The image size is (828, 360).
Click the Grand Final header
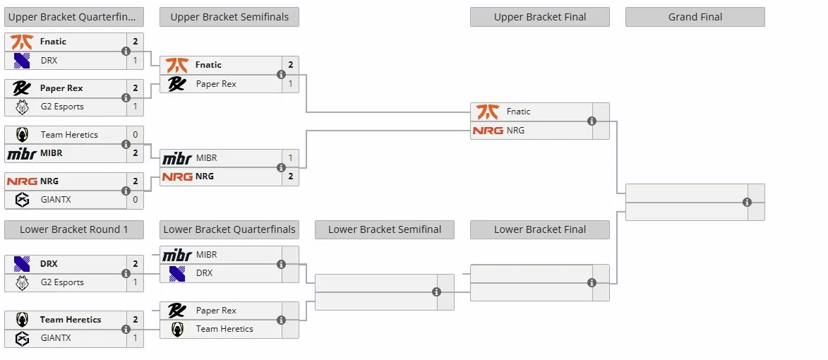pos(695,17)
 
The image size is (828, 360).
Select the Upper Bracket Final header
pos(540,17)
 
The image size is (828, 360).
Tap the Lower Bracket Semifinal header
pos(385,229)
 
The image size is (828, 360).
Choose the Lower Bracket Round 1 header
pos(74,229)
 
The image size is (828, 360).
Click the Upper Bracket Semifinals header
pos(229,17)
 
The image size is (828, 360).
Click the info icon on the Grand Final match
pos(748,202)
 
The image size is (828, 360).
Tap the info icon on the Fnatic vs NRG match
pos(592,121)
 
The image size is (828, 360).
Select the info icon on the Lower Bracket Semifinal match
pos(437,292)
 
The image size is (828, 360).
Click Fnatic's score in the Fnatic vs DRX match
pos(136,42)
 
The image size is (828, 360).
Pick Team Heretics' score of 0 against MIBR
pos(136,135)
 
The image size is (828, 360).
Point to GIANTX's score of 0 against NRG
pos(136,200)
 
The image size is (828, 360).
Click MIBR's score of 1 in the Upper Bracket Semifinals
pos(290,158)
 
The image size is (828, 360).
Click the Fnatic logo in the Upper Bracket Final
pos(487,112)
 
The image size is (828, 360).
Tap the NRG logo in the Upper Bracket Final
pos(487,131)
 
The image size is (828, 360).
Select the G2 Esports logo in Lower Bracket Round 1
pos(22,282)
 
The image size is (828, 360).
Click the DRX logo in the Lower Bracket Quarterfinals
pos(177,273)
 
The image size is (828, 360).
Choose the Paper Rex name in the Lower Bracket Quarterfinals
pos(216,311)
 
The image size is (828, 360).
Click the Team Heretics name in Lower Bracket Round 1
pos(70,319)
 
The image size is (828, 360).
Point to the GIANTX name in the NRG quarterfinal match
pos(56,200)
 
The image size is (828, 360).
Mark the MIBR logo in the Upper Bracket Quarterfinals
pos(22,154)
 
